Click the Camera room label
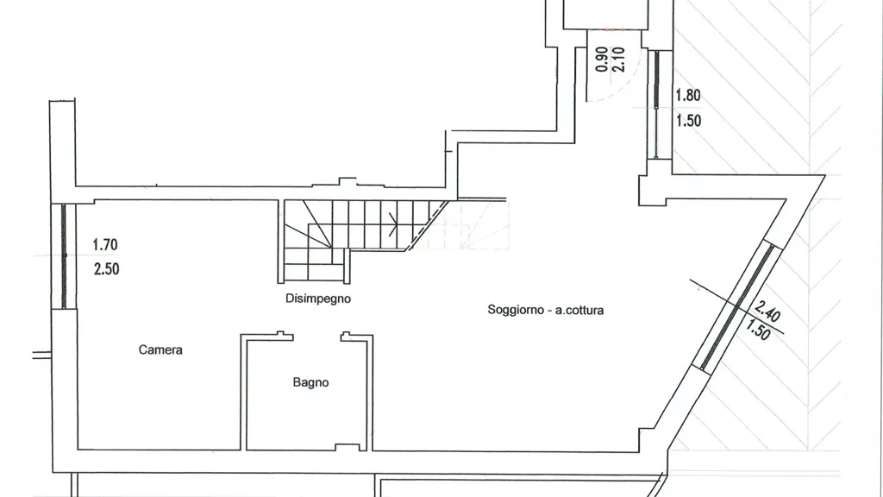tap(160, 350)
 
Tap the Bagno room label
tap(310, 382)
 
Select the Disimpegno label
tap(318, 299)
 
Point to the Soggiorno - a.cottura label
tap(546, 310)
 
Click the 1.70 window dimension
tap(105, 244)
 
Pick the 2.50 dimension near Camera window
tap(106, 269)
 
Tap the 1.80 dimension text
tap(688, 95)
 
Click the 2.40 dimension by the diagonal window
tap(767, 311)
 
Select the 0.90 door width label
tap(602, 60)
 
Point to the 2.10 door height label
tap(618, 60)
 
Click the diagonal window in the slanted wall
tap(737, 306)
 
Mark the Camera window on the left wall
tap(64, 256)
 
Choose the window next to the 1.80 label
tap(656, 104)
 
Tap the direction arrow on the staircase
tap(393, 225)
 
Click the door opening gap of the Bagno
tap(317, 337)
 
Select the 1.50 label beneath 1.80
tap(689, 121)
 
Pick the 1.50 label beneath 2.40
tap(758, 330)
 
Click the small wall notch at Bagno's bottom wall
tap(348, 448)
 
